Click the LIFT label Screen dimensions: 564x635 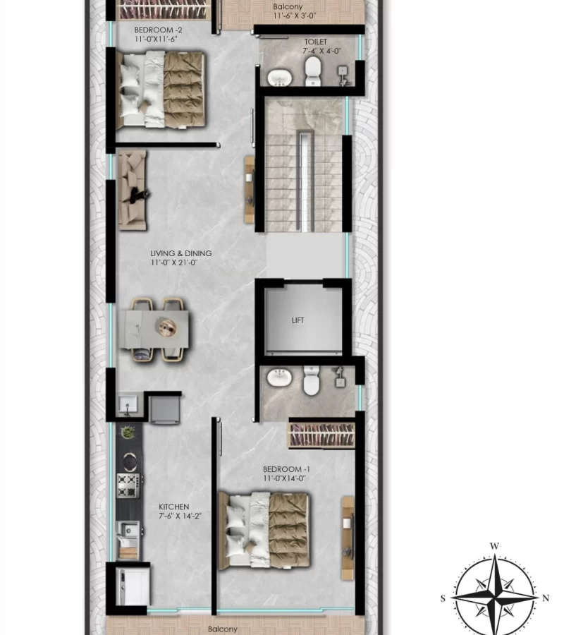click(x=298, y=320)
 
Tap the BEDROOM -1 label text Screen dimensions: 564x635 click(x=286, y=469)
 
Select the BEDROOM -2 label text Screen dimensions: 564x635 click(x=158, y=30)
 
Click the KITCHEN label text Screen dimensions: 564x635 click(x=173, y=507)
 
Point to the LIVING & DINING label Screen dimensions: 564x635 click(x=181, y=253)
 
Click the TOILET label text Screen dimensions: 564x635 click(x=316, y=42)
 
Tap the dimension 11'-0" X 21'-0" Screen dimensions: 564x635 click(x=174, y=262)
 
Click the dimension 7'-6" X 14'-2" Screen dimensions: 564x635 click(x=180, y=516)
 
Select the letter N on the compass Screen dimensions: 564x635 click(x=546, y=598)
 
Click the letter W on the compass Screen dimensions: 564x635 click(x=494, y=546)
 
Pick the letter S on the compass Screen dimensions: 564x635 click(x=443, y=598)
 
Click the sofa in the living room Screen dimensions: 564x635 click(x=133, y=190)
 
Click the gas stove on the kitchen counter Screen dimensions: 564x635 click(x=128, y=485)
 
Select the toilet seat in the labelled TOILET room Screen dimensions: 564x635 click(x=313, y=71)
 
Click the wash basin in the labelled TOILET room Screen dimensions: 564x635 click(x=280, y=78)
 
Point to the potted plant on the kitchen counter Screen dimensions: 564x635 click(x=128, y=432)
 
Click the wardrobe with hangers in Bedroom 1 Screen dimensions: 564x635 click(x=322, y=435)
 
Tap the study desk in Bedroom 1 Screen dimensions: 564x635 click(x=348, y=538)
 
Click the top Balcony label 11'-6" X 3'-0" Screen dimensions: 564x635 click(x=294, y=11)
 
